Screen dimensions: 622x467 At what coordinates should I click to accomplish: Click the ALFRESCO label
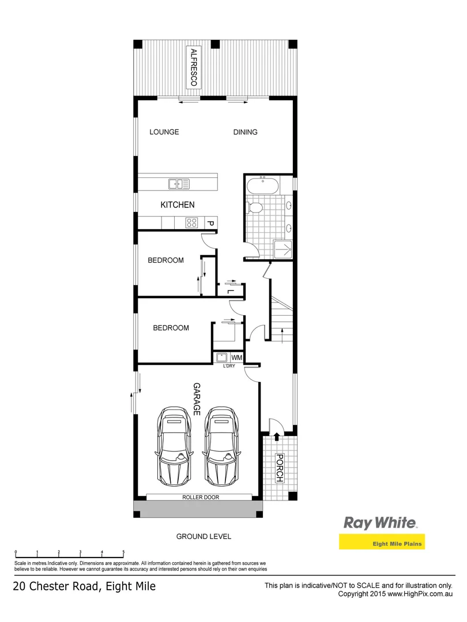pyautogui.click(x=194, y=68)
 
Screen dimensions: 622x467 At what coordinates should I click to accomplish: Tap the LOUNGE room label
pyautogui.click(x=164, y=132)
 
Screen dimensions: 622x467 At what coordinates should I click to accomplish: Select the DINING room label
pyautogui.click(x=245, y=132)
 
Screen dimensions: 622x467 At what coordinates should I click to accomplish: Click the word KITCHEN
pyautogui.click(x=177, y=204)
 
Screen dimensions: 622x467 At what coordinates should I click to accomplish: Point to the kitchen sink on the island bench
pyautogui.click(x=179, y=184)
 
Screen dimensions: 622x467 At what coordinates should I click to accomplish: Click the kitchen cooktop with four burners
pyautogui.click(x=191, y=223)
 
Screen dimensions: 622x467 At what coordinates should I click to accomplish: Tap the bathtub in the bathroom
pyautogui.click(x=262, y=187)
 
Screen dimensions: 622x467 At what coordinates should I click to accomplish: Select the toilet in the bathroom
pyautogui.click(x=255, y=207)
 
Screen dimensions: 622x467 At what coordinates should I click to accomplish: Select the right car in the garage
pyautogui.click(x=223, y=446)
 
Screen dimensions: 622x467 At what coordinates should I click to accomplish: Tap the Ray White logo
pyautogui.click(x=380, y=522)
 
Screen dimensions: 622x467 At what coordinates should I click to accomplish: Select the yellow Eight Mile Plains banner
pyautogui.click(x=381, y=543)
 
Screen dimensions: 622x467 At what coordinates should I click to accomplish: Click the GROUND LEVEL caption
pyautogui.click(x=204, y=537)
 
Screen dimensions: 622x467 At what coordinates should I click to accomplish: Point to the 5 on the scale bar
pyautogui.click(x=123, y=552)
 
